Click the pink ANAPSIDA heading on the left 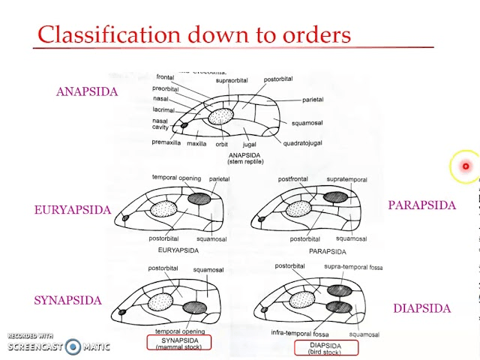pyautogui.click(x=86, y=91)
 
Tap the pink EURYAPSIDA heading pyautogui.click(x=72, y=210)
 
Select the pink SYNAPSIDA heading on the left pyautogui.click(x=67, y=301)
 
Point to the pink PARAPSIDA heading pyautogui.click(x=421, y=205)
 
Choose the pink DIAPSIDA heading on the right pyautogui.click(x=421, y=308)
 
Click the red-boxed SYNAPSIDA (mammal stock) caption pyautogui.click(x=179, y=343)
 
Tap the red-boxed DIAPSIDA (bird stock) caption pyautogui.click(x=325, y=348)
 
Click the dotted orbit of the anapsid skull pyautogui.click(x=221, y=117)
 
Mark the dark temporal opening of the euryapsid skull pyautogui.click(x=199, y=199)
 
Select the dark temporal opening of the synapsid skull pyautogui.click(x=195, y=307)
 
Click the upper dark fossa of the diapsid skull pyautogui.click(x=338, y=291)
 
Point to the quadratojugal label pyautogui.click(x=302, y=143)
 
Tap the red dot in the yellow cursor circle pyautogui.click(x=466, y=166)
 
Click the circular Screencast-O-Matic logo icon pyautogui.click(x=73, y=346)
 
